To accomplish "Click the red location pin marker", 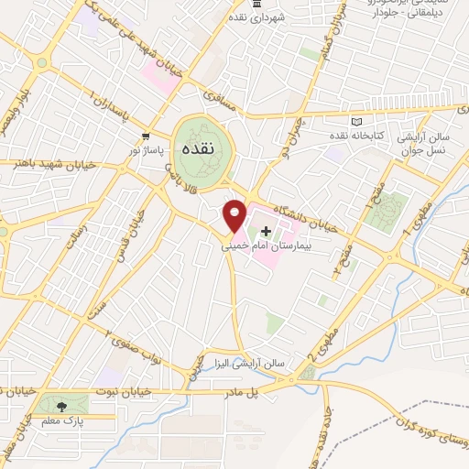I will click(235, 217).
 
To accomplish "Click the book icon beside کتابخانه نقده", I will click(356, 121).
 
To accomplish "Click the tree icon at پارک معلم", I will click(61, 405).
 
